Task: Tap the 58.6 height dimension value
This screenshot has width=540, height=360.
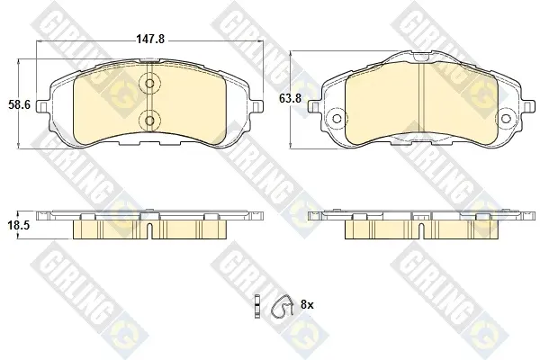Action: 19,104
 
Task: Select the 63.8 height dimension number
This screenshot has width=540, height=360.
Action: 290,98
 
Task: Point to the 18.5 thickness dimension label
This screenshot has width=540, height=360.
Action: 19,226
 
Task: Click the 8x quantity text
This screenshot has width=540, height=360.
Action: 307,304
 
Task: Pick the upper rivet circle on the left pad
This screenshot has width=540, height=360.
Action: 149,84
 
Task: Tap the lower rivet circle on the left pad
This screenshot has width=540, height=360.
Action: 149,121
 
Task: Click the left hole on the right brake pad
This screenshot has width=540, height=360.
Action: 337,119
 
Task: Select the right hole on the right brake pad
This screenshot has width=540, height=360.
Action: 505,119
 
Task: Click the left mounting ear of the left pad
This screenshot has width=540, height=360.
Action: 42,106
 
